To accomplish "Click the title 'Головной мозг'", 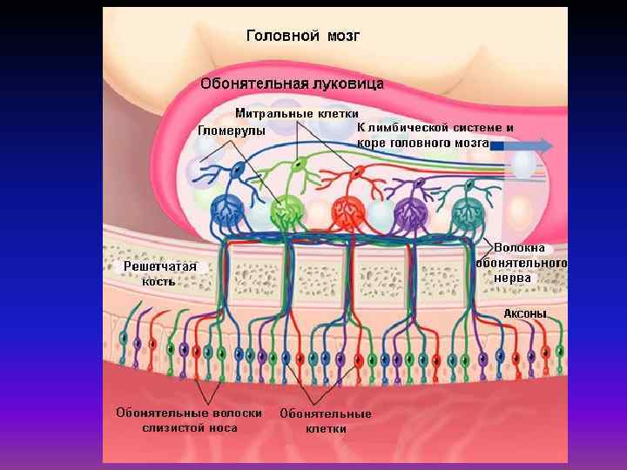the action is pos(303,36).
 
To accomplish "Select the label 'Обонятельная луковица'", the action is pos(292,84).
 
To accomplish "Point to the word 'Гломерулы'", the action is pos(232,131).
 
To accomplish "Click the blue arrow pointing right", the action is pos(522,145).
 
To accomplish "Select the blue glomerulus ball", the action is pos(229,210).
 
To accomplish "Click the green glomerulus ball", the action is pos(284,211).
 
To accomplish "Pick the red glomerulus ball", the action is pos(347,211).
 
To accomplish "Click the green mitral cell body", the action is pos(298,164).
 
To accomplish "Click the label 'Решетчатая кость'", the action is pos(158,273).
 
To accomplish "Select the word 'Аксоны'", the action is pos(526,313).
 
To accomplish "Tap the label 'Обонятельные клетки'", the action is pos(326,421).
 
